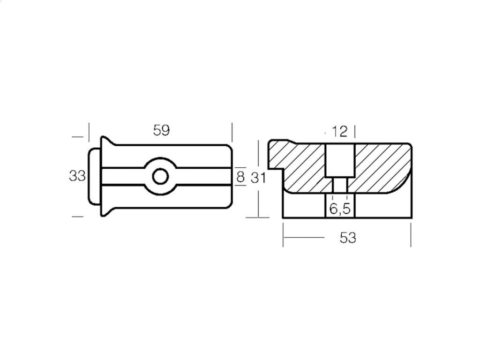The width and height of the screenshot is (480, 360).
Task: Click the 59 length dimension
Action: [x=161, y=130]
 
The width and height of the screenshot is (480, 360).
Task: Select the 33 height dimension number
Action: [x=77, y=176]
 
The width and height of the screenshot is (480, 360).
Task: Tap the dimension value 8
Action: [x=240, y=177]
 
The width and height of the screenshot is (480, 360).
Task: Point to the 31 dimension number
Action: [x=258, y=178]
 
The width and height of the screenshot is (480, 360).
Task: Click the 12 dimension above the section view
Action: [x=340, y=132]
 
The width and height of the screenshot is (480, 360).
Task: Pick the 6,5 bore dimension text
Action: [x=340, y=209]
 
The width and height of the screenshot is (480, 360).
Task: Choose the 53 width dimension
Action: [x=348, y=238]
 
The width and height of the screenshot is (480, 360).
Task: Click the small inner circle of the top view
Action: [x=160, y=177]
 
